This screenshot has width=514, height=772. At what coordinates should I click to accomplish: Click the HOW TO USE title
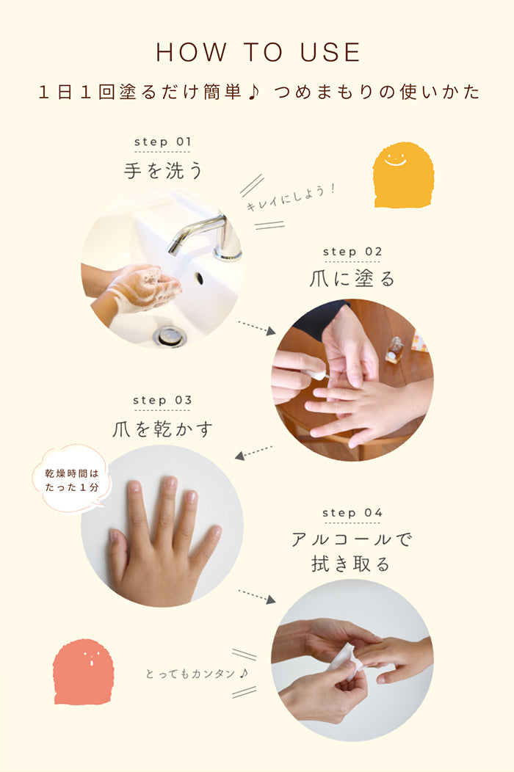[x=258, y=52]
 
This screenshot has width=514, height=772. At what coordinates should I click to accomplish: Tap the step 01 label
[x=162, y=142]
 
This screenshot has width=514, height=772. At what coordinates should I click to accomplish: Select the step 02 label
[x=352, y=252]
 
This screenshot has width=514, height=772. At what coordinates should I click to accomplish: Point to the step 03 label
[x=162, y=400]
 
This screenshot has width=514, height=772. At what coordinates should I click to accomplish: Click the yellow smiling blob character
[x=403, y=175]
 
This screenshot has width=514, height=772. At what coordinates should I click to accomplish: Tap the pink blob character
[x=83, y=672]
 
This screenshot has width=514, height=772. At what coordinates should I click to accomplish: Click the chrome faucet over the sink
[x=207, y=236]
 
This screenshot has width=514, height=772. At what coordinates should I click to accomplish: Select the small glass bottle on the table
[x=394, y=349]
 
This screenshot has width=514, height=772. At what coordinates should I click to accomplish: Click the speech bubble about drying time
[x=72, y=479]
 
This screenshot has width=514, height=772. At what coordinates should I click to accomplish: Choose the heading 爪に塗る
[x=352, y=279]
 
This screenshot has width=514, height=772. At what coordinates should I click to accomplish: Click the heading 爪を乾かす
[x=162, y=429]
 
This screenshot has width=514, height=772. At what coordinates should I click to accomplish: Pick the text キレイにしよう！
[x=291, y=197]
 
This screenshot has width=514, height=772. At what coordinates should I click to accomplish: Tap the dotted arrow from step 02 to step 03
[x=253, y=453]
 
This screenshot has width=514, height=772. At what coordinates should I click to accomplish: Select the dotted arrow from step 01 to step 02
[x=257, y=329]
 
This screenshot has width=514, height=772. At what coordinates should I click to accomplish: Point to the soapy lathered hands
[x=144, y=288]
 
